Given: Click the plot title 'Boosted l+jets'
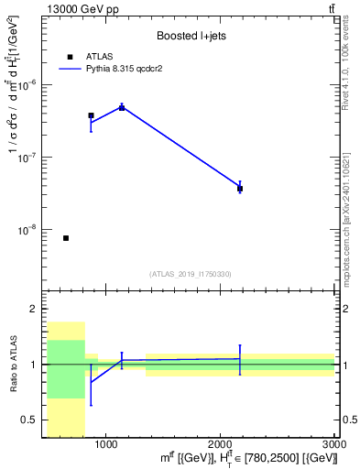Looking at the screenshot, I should (x=190, y=37).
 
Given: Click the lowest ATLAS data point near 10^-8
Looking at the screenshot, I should (x=66, y=238).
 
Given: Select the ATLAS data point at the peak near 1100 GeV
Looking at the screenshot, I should (x=122, y=107).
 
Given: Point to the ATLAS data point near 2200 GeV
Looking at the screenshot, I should (x=240, y=189).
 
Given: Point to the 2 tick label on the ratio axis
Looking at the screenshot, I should (x=37, y=309).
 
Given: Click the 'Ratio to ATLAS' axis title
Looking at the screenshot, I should (x=15, y=365).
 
